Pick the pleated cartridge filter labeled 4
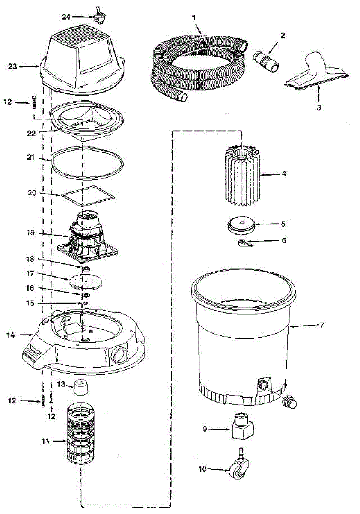(242, 173)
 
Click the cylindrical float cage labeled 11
(80, 433)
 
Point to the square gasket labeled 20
(89, 195)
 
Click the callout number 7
(321, 325)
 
